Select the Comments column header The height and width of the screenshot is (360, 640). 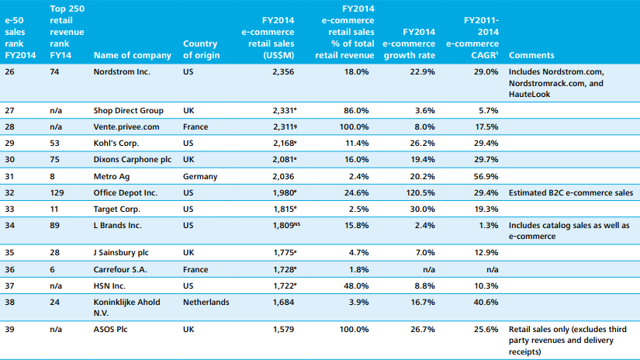click(x=532, y=55)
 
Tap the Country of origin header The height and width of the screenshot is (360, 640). click(x=200, y=50)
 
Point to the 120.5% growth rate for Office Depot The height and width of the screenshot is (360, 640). click(x=418, y=192)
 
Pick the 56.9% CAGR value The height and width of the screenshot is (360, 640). click(x=485, y=176)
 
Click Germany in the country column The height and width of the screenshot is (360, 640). click(x=201, y=176)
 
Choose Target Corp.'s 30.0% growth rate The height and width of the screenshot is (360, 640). click(x=420, y=209)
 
